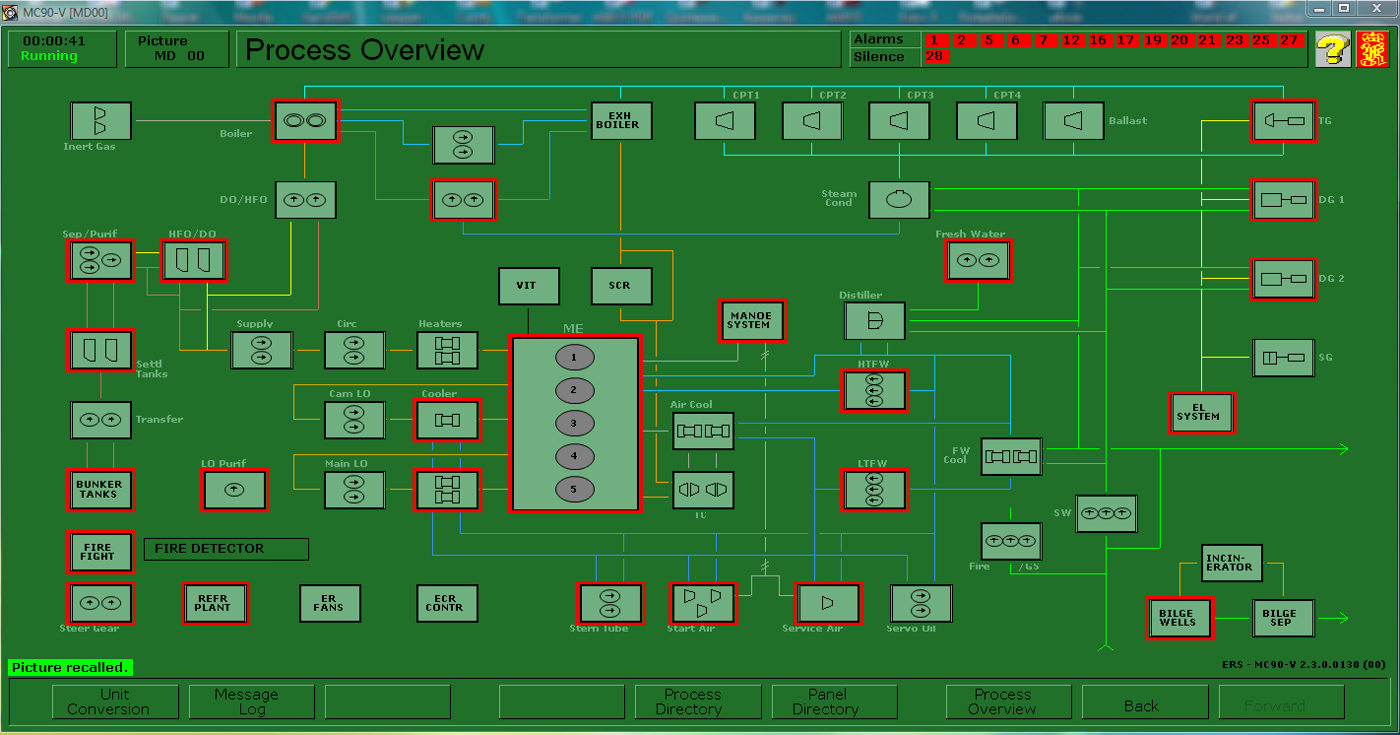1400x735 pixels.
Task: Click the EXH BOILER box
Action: coord(621,120)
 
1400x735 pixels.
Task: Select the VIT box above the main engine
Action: coord(529,286)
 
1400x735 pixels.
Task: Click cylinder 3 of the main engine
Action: coord(574,424)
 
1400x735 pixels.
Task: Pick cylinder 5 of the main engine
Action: coord(574,490)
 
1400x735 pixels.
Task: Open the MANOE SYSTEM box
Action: coord(752,320)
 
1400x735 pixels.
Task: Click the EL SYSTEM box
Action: coord(1200,412)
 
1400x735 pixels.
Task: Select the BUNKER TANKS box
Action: coord(100,490)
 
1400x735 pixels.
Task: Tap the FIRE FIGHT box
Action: coord(100,552)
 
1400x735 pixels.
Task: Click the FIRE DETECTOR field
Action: coord(226,549)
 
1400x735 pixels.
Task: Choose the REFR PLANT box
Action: coord(214,603)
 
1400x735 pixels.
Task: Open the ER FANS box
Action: coord(330,603)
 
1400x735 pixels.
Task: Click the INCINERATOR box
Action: coord(1231,563)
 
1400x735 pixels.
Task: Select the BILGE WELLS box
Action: coord(1178,618)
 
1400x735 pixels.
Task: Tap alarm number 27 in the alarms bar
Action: coord(1289,40)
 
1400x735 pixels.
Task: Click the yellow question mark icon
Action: coord(1332,49)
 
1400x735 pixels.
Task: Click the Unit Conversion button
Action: coord(115,702)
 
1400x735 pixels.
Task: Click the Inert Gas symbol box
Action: coord(100,121)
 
